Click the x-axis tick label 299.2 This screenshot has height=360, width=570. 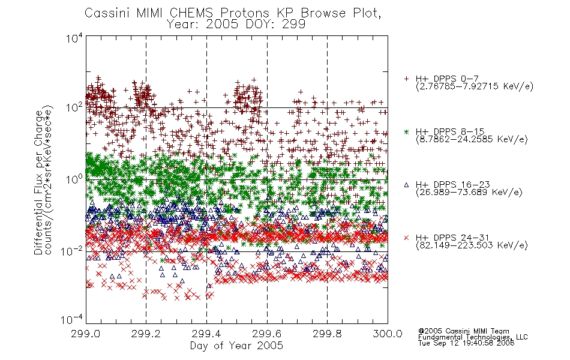[146, 334]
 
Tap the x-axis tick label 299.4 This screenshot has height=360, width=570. [206, 334]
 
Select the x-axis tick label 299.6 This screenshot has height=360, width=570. [267, 334]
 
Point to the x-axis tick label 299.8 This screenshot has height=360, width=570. [327, 334]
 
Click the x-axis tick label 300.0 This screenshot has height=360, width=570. [388, 334]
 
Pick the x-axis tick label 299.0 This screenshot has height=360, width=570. [86, 334]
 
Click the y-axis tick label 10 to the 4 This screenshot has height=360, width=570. [74, 38]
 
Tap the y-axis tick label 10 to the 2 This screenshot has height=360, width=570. [74, 107]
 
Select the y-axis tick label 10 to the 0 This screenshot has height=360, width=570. [74, 179]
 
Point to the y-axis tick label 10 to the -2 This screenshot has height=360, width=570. [73, 251]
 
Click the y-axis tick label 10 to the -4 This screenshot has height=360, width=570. [73, 320]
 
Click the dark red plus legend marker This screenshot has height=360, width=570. [406, 79]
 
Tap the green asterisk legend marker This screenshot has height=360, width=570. [406, 131]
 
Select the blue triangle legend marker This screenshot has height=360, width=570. [406, 185]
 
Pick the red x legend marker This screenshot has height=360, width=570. [406, 238]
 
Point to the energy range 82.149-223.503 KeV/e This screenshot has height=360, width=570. [472, 245]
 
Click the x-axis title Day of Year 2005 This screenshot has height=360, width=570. [236, 346]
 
